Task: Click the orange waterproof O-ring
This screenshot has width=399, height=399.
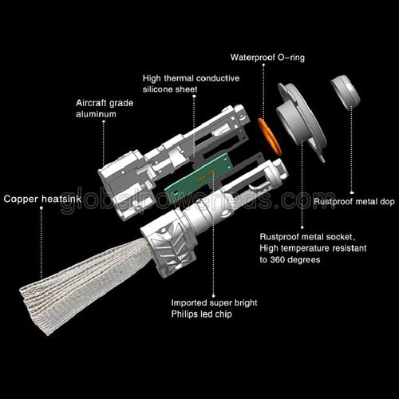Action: click(269, 136)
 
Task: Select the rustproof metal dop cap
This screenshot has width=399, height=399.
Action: click(346, 92)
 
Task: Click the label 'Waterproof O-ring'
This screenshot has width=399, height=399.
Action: click(267, 57)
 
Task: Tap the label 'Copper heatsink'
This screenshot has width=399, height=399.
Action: click(42, 199)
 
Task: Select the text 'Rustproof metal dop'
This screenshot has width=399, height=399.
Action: click(354, 202)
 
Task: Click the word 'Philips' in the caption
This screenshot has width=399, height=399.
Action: click(185, 314)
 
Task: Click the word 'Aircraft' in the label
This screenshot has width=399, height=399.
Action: click(91, 103)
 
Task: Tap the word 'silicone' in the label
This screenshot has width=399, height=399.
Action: click(158, 89)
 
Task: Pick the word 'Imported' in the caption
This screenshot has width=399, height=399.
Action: click(189, 302)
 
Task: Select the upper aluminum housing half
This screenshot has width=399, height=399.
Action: click(174, 160)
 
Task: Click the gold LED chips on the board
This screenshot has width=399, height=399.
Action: click(206, 177)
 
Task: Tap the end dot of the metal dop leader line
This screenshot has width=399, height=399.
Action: click(352, 192)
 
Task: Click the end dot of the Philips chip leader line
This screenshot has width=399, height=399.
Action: click(214, 295)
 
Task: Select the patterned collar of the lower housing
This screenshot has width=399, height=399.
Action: click(170, 244)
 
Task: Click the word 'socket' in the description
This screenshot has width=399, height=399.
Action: click(340, 237)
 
